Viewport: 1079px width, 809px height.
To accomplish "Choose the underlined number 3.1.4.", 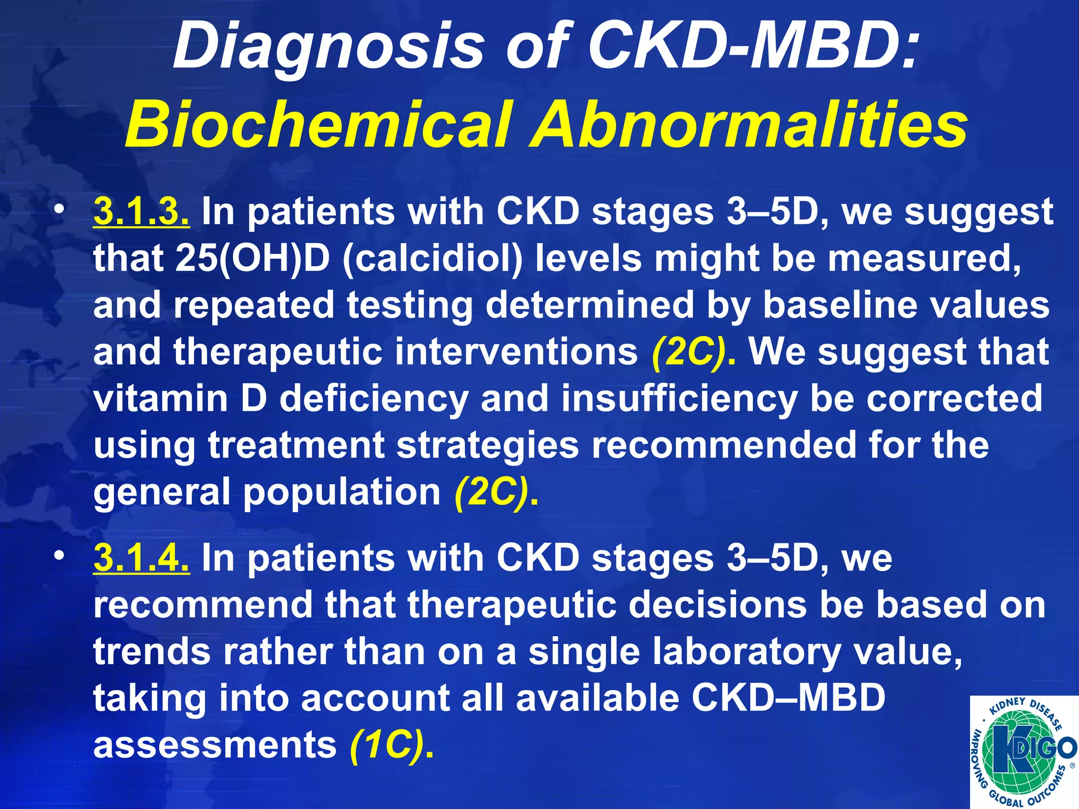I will [x=141, y=558].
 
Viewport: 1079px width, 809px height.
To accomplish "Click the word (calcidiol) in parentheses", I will [x=433, y=259].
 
